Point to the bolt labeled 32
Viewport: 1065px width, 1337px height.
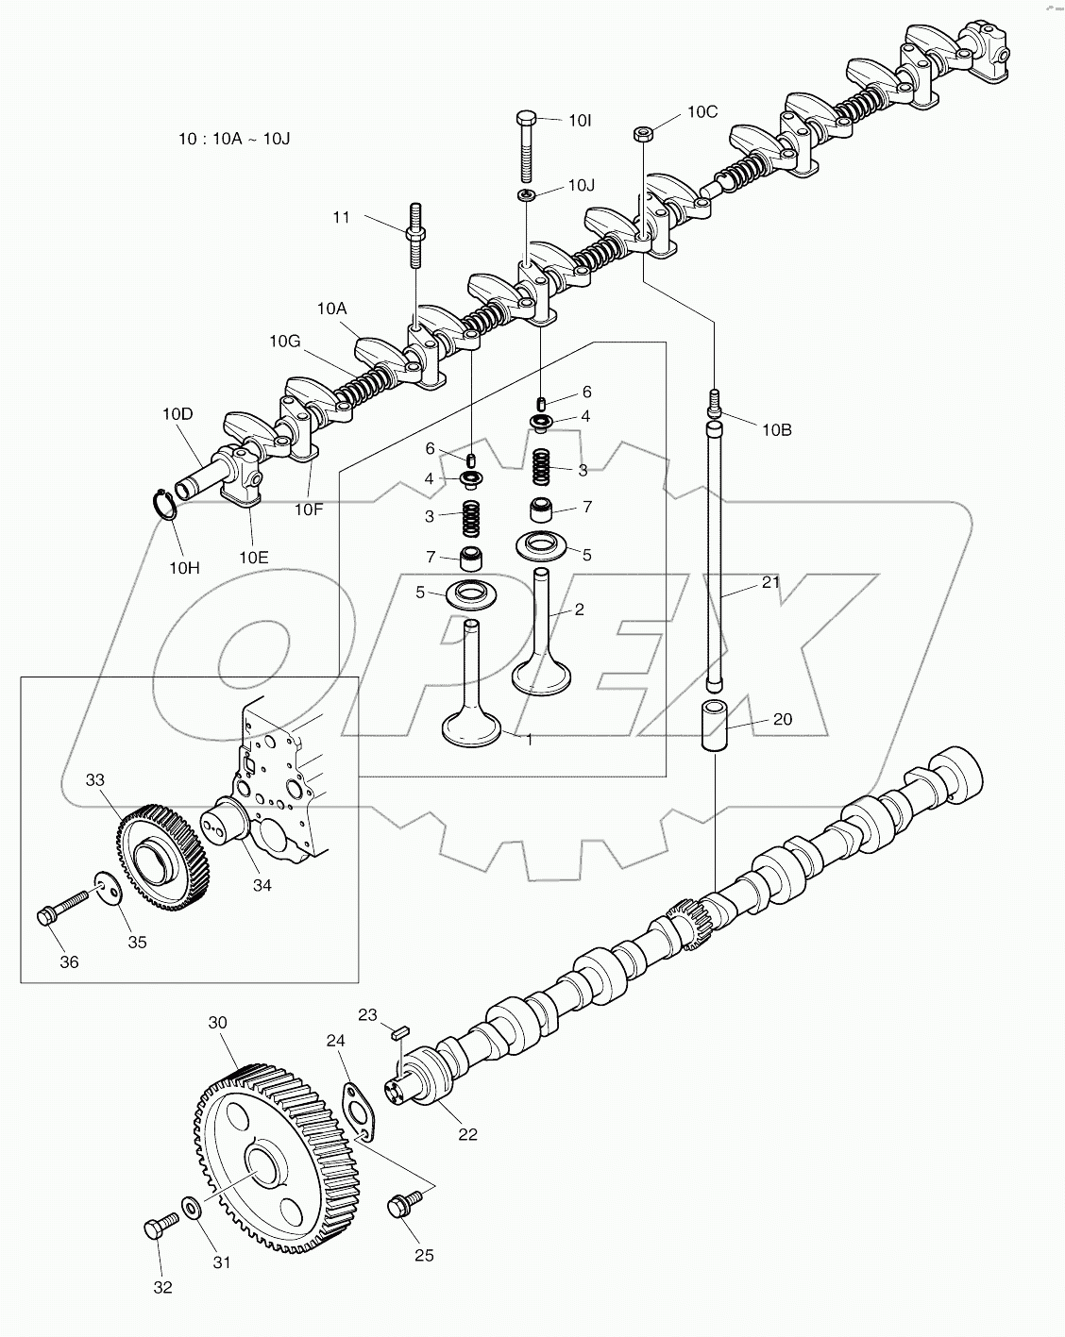pos(157,1229)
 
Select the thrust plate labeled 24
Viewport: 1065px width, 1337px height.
pos(356,1107)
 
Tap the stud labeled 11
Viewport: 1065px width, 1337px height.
pos(414,235)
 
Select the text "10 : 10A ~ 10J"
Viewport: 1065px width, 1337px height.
pos(234,139)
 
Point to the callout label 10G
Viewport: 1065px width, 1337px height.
pos(284,341)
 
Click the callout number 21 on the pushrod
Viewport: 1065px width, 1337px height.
pos(770,582)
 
